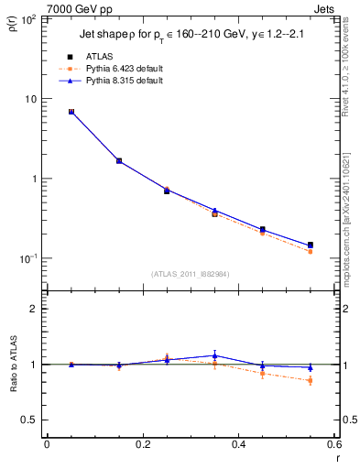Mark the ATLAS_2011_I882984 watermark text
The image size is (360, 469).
click(191, 273)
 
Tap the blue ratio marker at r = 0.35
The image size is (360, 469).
click(214, 355)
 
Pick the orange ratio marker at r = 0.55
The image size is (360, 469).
click(311, 380)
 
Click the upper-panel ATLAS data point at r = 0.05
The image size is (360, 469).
click(71, 112)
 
